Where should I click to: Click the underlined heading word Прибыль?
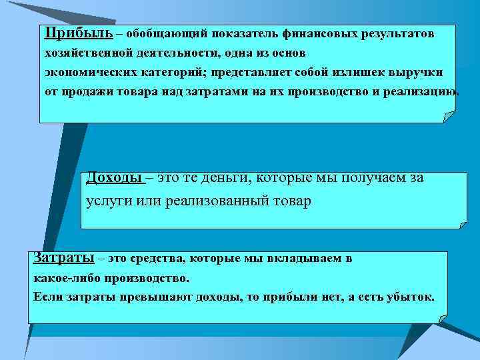70,33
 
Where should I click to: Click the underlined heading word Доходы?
115,178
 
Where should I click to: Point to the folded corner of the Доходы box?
461,223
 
